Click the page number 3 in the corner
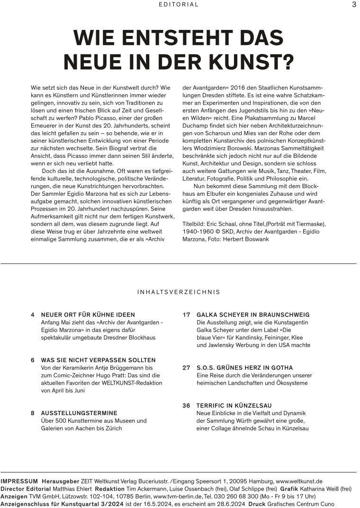(x=354, y=5)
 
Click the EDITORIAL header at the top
(x=179, y=5)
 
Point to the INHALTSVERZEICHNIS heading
(x=179, y=292)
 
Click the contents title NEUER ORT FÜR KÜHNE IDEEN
(x=88, y=315)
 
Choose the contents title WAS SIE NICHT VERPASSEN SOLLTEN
(x=98, y=360)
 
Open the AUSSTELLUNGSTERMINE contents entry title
(x=79, y=413)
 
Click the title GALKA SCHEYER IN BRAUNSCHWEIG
(x=253, y=315)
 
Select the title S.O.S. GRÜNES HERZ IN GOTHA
(x=244, y=368)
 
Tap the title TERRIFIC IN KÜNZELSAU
(x=234, y=406)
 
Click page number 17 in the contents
(x=186, y=315)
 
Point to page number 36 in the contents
(x=186, y=406)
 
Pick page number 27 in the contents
(x=186, y=368)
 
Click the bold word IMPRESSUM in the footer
(x=19, y=481)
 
